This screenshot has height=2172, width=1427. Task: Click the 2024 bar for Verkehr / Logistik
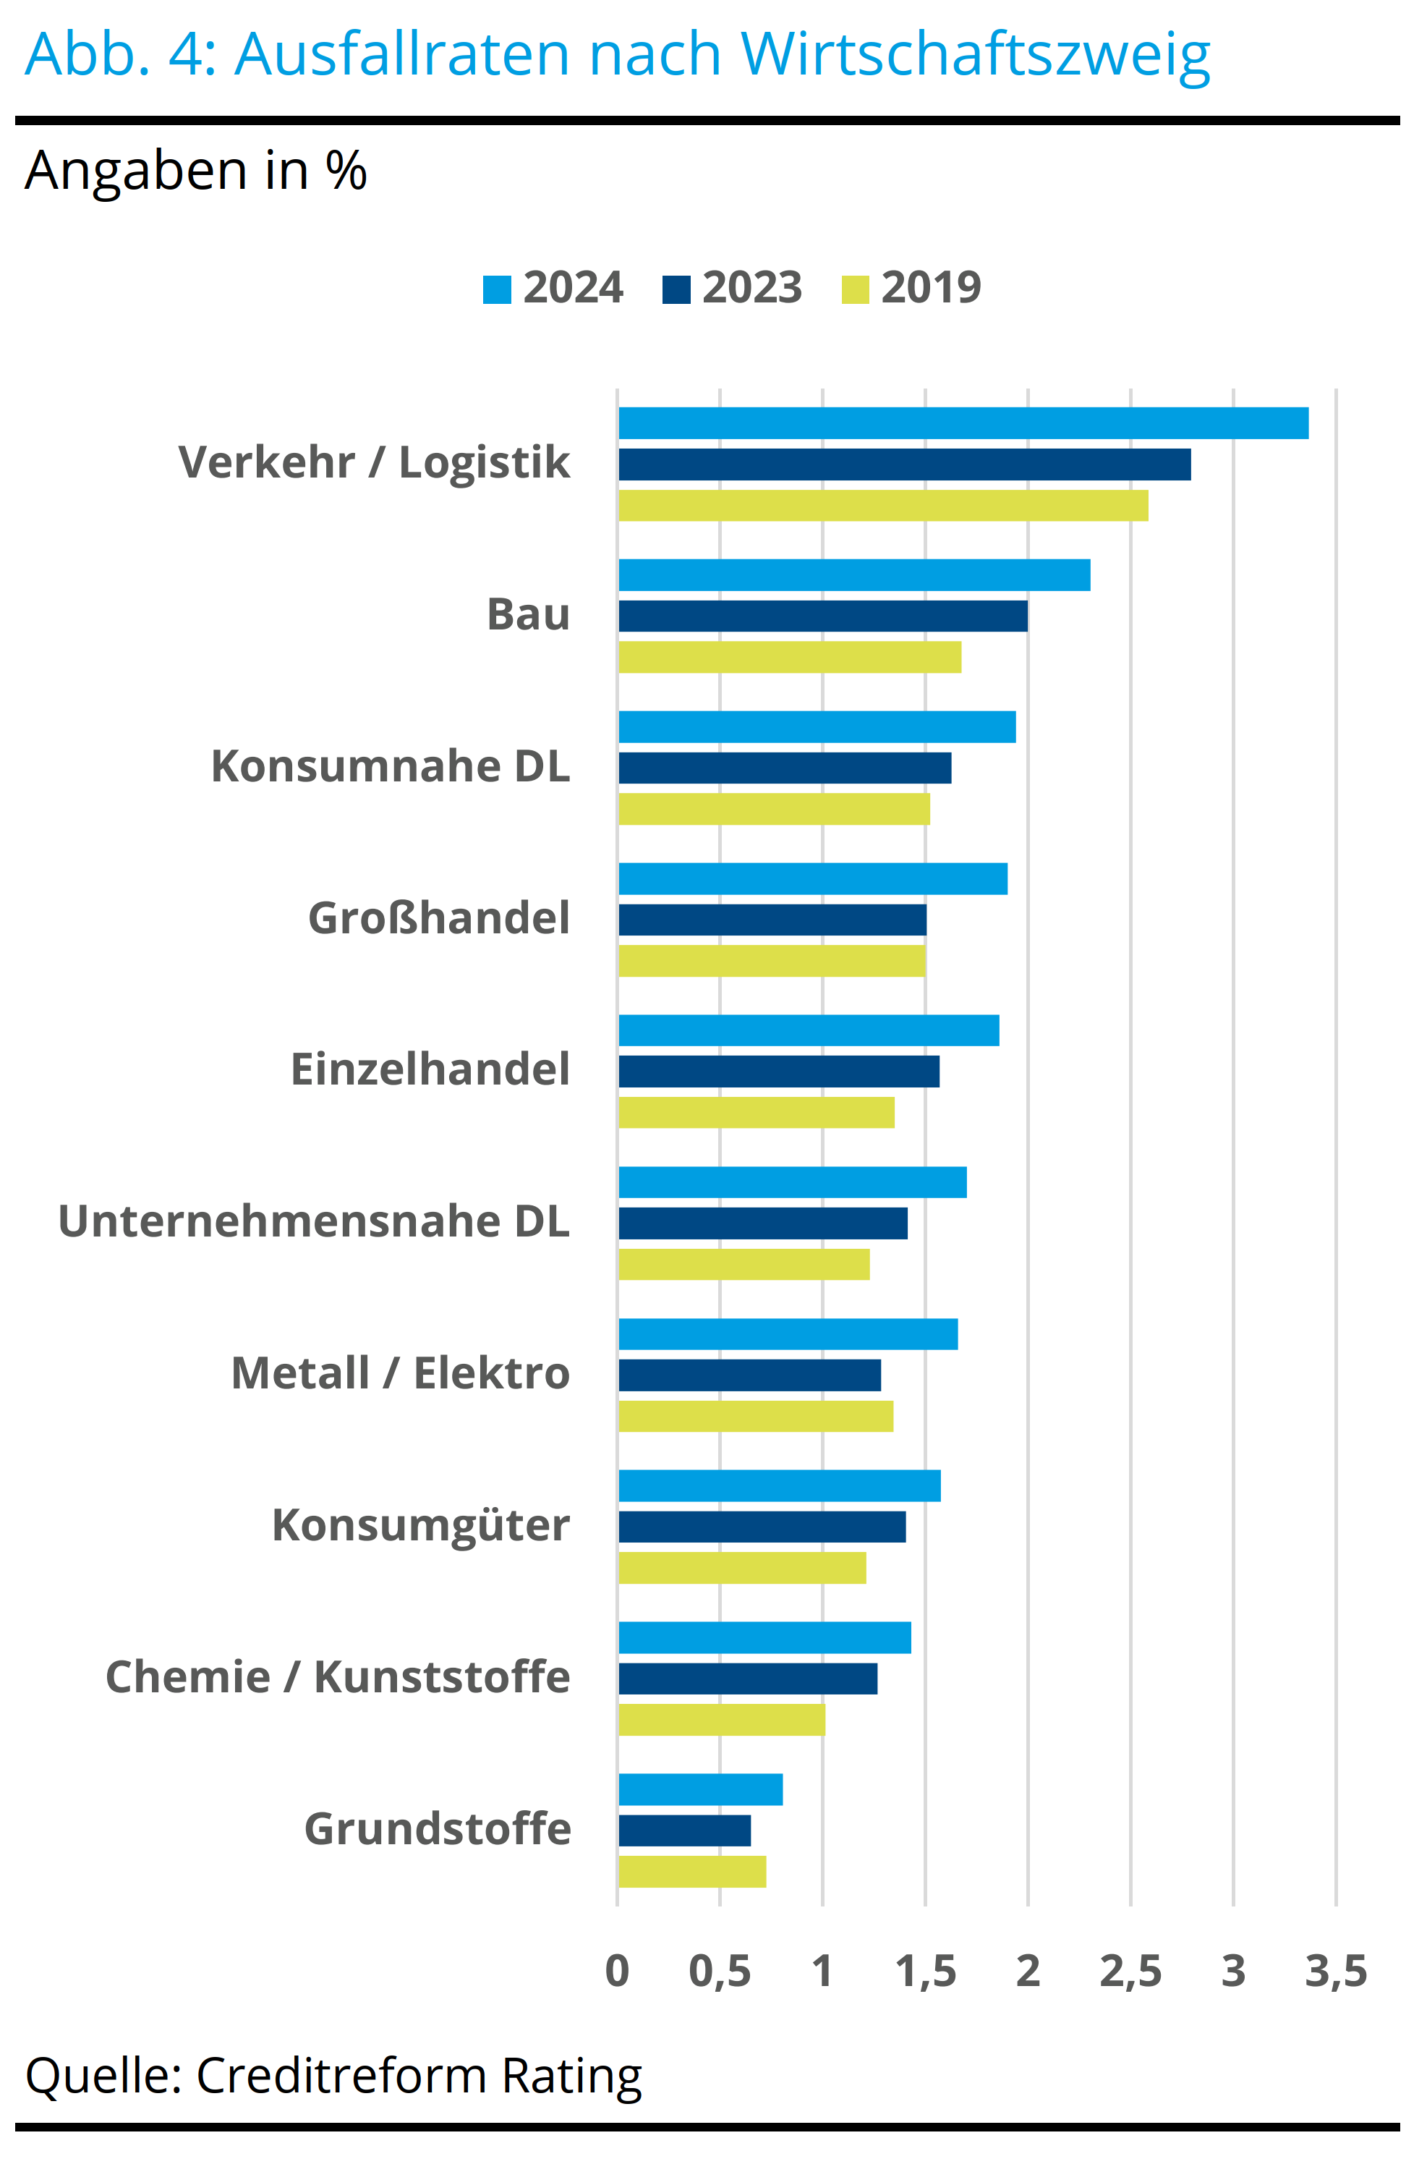point(963,423)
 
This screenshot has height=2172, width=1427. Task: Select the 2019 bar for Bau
point(789,657)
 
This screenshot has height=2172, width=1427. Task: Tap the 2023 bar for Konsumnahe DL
point(785,768)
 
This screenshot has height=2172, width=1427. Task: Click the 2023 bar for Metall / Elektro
point(749,1375)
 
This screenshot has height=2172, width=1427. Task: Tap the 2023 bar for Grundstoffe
point(684,1830)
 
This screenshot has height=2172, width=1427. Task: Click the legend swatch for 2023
point(676,289)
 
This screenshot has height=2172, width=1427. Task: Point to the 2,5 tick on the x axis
point(1130,1972)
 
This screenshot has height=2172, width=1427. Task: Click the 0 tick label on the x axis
point(618,1972)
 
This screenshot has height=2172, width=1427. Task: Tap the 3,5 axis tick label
point(1335,1972)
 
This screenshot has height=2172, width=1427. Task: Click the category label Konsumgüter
point(421,1525)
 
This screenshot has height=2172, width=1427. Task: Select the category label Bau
point(527,614)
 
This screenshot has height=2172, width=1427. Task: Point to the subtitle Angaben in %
point(195,171)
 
